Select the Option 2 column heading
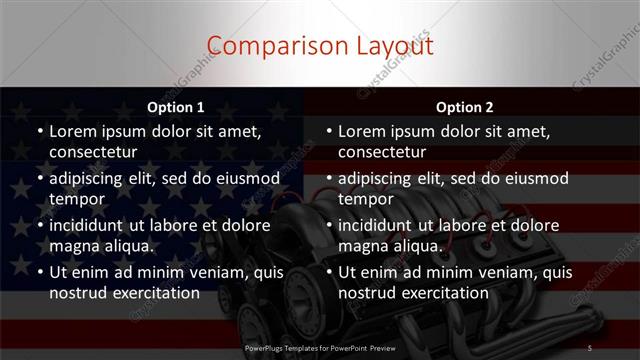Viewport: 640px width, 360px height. coord(464,106)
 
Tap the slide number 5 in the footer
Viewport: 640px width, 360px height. coord(590,347)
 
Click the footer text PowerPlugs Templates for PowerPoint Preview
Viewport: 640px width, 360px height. coord(320,347)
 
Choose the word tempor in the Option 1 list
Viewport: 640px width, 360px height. coord(76,199)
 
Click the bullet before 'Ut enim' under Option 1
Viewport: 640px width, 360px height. coord(39,272)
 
